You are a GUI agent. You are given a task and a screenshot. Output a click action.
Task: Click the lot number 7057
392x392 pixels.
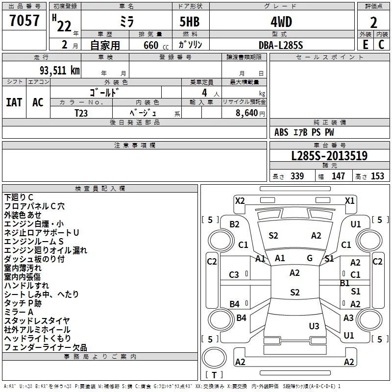pos(24,21)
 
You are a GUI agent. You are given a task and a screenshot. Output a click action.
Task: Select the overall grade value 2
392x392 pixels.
pos(374,22)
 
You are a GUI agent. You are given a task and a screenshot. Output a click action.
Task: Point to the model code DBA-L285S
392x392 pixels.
pos(281,45)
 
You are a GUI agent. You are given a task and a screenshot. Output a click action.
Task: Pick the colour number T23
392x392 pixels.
pos(82,112)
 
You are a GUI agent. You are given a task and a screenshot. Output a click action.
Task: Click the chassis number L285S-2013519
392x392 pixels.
pos(329,156)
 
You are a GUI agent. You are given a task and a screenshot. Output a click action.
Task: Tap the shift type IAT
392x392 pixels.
pos(14,102)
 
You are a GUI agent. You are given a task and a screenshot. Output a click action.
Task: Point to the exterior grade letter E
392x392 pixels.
pos(365,45)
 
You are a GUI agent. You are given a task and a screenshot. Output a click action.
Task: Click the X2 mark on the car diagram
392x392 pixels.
pos(240,200)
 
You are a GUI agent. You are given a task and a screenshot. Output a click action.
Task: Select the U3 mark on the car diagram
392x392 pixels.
pos(314,326)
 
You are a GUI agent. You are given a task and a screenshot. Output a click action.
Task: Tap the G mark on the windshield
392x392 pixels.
pos(310,258)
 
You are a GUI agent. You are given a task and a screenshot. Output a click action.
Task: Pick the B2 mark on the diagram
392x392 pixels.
pos(235,224)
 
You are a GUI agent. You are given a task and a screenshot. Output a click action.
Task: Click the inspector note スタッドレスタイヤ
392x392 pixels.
pos(37,320)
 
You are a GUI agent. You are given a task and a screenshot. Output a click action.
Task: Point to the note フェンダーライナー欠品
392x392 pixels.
pos(46,347)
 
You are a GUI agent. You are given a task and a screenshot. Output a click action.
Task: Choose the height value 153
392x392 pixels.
pos(377,176)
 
